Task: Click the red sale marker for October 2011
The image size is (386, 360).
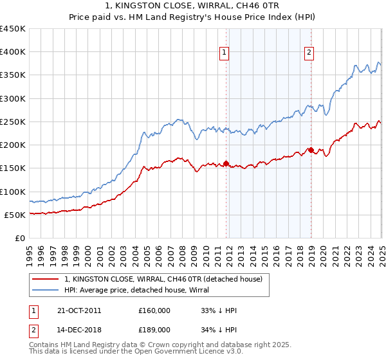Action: pos(226,163)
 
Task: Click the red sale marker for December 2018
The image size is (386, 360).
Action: pos(311,150)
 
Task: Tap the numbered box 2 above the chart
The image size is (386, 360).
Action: pos(309,53)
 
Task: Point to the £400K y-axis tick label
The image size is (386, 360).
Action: pos(13,52)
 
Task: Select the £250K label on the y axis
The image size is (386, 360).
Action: pos(13,122)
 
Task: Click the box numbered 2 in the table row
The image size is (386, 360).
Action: pos(33,330)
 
